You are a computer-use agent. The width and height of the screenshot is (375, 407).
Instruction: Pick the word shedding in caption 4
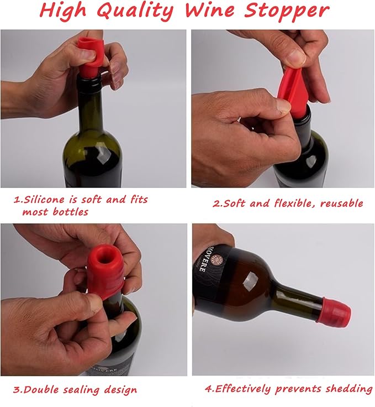(346, 389)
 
